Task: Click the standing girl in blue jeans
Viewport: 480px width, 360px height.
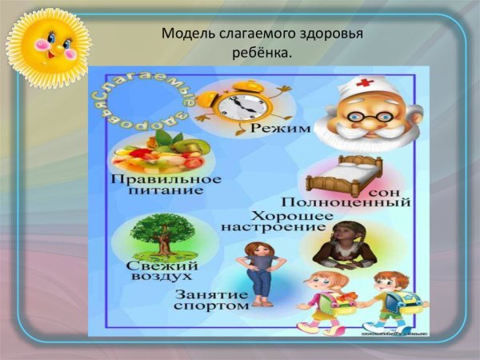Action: [x=261, y=272]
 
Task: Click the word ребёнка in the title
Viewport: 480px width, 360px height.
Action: [x=258, y=53]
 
